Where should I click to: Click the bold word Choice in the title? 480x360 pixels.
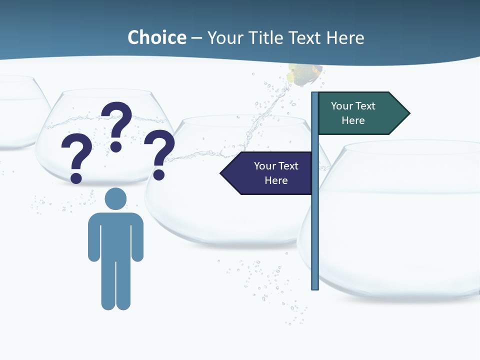tap(156, 38)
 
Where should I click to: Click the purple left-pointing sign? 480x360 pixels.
tap(267, 173)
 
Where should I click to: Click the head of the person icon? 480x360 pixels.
tap(115, 198)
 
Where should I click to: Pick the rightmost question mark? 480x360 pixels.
tap(159, 150)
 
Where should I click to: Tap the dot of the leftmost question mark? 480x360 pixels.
tap(76, 178)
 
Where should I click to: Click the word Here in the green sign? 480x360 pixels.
tap(353, 120)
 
